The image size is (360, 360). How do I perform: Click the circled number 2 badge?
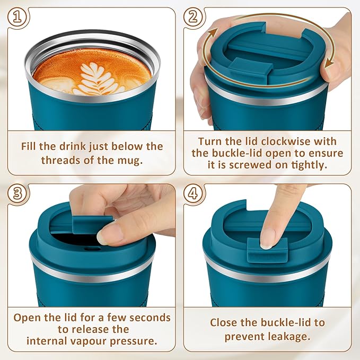point(194,17)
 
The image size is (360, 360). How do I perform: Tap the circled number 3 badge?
point(18,194)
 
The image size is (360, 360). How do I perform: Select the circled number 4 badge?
point(194,194)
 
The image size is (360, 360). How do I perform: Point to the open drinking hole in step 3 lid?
point(80,243)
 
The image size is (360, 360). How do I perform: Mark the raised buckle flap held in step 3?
point(92,223)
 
